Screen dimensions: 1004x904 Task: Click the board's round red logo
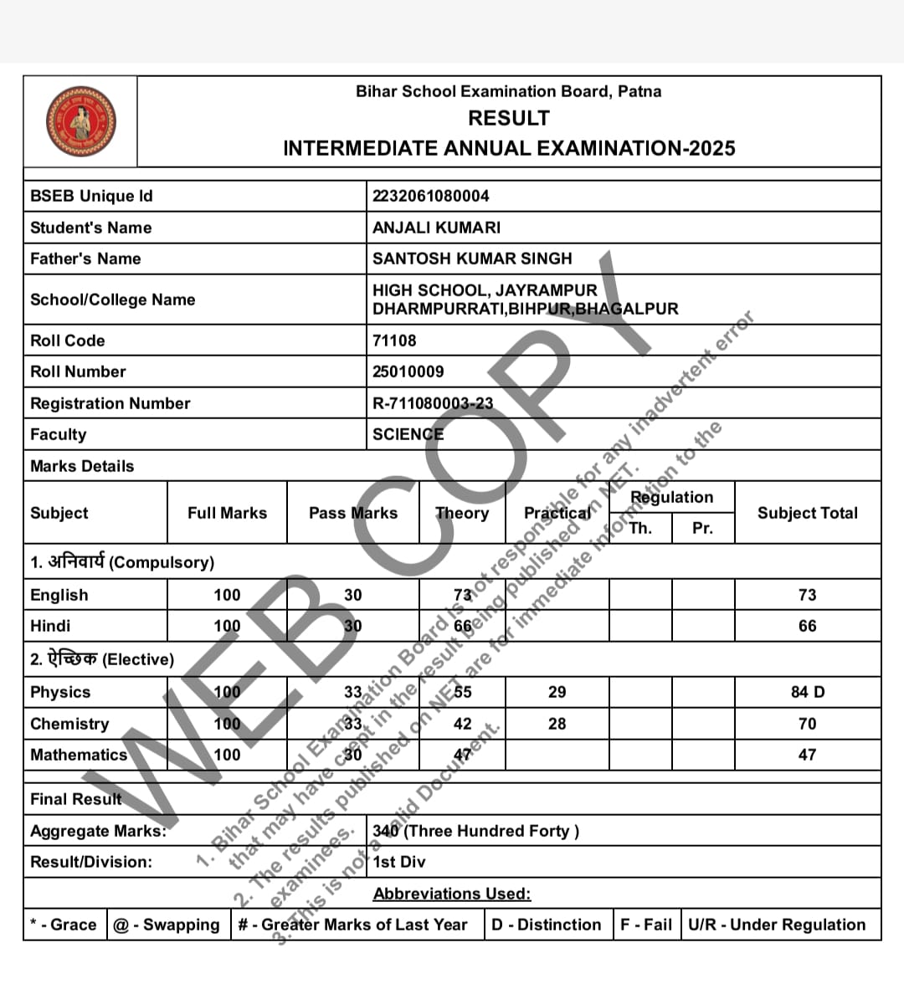click(80, 122)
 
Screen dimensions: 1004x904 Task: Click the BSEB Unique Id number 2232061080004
click(431, 196)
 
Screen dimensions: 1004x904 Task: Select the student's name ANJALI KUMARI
click(436, 228)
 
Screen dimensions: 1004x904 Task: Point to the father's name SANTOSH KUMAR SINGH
click(472, 259)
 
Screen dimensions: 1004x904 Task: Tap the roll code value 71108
click(394, 341)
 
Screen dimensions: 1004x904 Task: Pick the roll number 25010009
click(408, 371)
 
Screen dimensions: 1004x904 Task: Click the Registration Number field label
click(110, 403)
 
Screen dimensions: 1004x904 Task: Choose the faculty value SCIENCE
click(408, 434)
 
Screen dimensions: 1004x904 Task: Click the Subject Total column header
click(808, 513)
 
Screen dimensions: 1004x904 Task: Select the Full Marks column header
click(227, 513)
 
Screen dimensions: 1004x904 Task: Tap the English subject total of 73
click(807, 595)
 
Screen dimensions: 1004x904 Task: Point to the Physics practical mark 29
click(557, 692)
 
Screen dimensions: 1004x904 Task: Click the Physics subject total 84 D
click(808, 692)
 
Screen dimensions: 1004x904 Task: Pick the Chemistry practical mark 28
click(557, 724)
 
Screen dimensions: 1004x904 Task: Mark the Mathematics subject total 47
click(807, 755)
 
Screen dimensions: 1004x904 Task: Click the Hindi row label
click(50, 626)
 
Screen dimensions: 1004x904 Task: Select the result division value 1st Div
click(399, 862)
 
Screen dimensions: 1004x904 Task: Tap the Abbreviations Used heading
click(452, 894)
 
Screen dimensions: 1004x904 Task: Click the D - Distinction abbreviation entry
click(546, 925)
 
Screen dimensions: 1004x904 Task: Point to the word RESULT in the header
click(509, 118)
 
